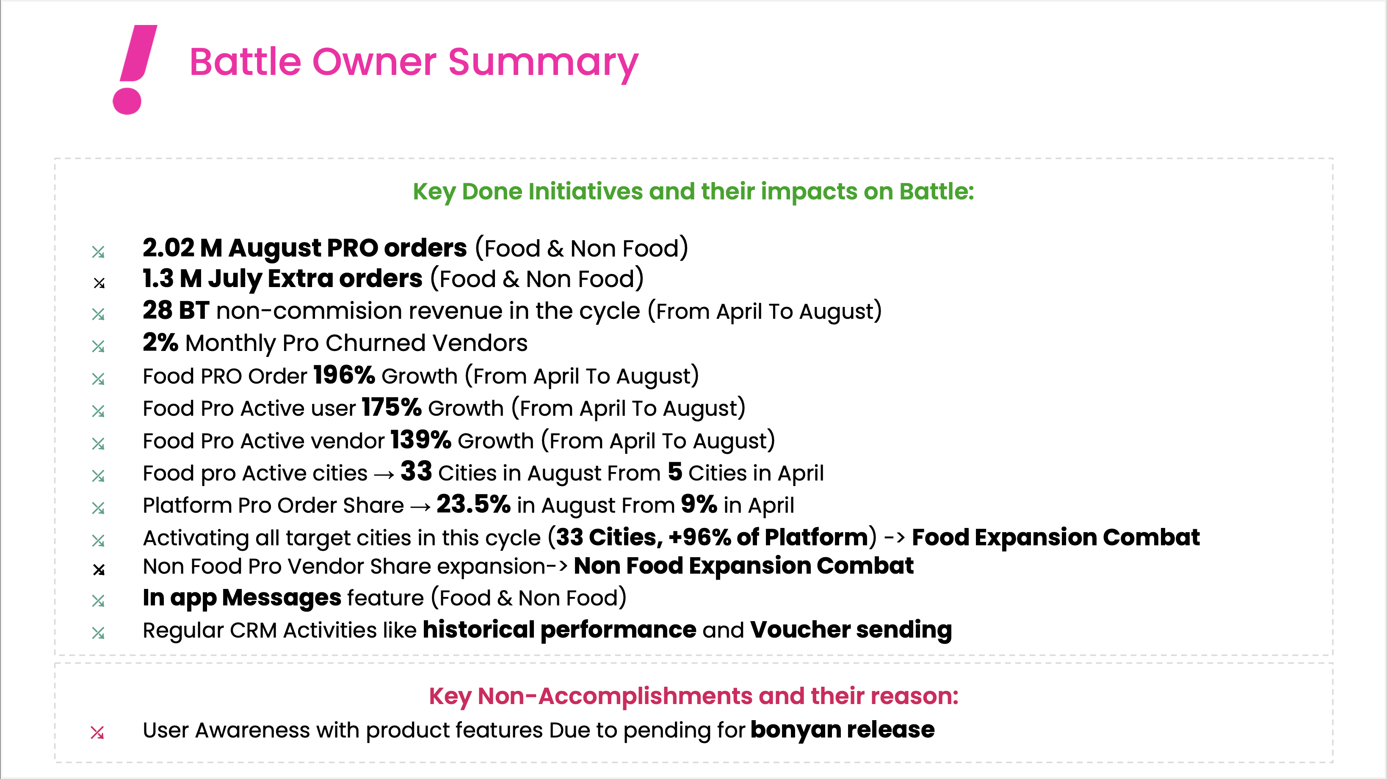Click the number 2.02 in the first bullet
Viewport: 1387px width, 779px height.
pos(168,248)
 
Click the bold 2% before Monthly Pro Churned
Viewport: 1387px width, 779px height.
pos(160,343)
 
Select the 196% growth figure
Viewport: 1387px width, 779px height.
pos(344,375)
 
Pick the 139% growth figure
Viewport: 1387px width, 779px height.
pos(420,440)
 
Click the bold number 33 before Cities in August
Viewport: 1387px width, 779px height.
pos(416,472)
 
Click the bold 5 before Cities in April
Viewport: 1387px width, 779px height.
pos(675,472)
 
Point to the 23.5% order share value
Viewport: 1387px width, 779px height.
pos(473,504)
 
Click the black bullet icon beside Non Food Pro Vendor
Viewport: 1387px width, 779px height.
pos(99,569)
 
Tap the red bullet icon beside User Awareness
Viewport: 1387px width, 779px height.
pos(97,732)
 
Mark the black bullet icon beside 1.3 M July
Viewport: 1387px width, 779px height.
pos(99,283)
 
